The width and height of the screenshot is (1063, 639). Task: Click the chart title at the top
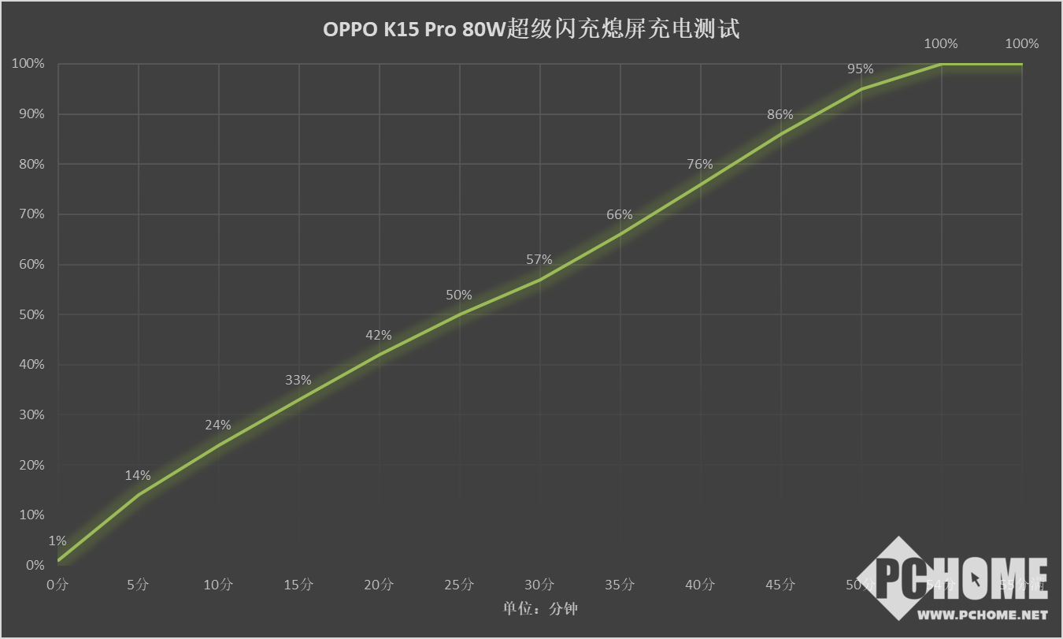[531, 30]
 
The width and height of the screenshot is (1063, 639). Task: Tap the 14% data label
[138, 475]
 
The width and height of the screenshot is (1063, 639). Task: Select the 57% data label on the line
[539, 259]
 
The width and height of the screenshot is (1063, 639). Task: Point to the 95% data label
[860, 69]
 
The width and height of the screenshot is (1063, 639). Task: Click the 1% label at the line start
[57, 541]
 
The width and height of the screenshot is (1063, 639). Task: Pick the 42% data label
[379, 335]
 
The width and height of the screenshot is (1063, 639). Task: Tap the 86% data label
[780, 114]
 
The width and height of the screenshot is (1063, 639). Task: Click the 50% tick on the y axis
[29, 314]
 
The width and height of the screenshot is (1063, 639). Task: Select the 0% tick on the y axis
[35, 565]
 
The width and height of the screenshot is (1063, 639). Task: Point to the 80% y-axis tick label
[29, 164]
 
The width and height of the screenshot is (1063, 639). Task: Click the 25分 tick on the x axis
[459, 585]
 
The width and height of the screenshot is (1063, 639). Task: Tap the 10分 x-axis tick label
[218, 585]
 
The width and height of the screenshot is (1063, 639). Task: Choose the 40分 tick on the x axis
[700, 585]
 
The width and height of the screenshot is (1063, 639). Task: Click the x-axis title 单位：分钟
[541, 608]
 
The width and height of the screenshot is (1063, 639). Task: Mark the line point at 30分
[539, 280]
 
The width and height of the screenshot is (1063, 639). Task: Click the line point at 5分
[139, 495]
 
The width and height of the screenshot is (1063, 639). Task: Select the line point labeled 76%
[700, 184]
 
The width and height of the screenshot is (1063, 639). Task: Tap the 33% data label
[298, 380]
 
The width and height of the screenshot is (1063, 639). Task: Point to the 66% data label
[620, 215]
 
